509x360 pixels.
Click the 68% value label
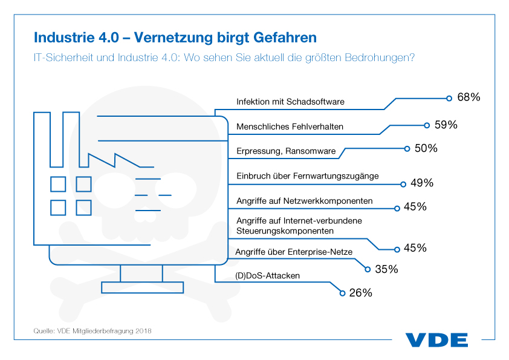pyautogui.click(x=468, y=97)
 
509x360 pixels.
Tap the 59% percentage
pyautogui.click(x=446, y=125)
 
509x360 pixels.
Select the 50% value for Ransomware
pyautogui.click(x=426, y=148)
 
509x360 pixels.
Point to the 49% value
pyautogui.click(x=422, y=183)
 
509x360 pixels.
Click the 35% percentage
pyautogui.click(x=386, y=269)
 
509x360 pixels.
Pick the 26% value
pyautogui.click(x=360, y=293)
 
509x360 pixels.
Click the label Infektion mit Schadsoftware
pyautogui.click(x=290, y=102)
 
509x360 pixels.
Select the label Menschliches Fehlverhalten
pyautogui.click(x=290, y=126)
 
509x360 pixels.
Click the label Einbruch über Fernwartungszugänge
pyautogui.click(x=307, y=176)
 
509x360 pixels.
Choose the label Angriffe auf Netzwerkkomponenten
pyautogui.click(x=304, y=200)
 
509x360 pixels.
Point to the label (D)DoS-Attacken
pyautogui.click(x=267, y=276)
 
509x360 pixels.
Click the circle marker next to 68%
pyautogui.click(x=449, y=97)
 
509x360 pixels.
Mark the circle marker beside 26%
pyautogui.click(x=342, y=293)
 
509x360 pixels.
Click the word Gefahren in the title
pyautogui.click(x=282, y=38)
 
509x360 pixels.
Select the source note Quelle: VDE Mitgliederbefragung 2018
pyautogui.click(x=92, y=331)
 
